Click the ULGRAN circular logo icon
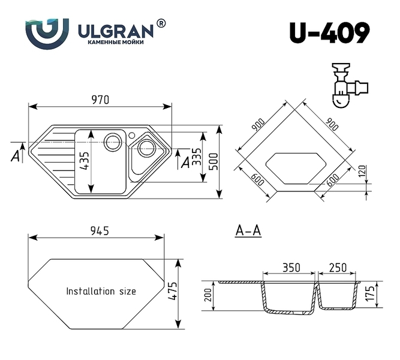(x=47, y=34)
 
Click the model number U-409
(x=330, y=32)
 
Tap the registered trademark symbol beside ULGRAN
(x=161, y=23)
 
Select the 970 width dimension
(x=100, y=100)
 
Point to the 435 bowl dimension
(x=85, y=161)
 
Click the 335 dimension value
(x=197, y=157)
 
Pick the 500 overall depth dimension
(x=213, y=161)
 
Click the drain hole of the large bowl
(x=112, y=142)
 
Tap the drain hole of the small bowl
(x=146, y=148)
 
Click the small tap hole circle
(x=132, y=135)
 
